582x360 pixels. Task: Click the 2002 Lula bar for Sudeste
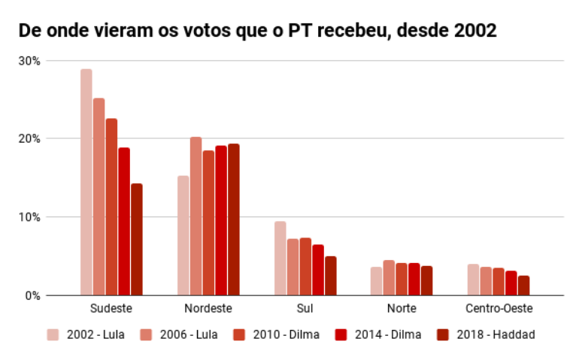[x=86, y=182]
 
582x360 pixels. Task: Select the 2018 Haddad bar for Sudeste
[x=136, y=239]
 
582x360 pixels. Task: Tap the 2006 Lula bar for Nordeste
[x=196, y=216]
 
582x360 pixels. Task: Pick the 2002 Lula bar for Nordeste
[x=183, y=235]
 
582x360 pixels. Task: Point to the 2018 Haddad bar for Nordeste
[x=233, y=219]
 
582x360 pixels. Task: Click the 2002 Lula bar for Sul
[x=280, y=258]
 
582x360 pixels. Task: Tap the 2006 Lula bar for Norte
[x=389, y=277]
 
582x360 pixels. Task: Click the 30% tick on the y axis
[x=31, y=61]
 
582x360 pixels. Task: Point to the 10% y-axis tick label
[x=31, y=217]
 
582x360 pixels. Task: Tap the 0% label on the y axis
[x=34, y=295]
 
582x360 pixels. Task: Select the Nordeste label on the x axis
[x=208, y=309]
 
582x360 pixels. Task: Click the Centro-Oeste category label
[x=499, y=309]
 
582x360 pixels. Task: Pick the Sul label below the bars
[x=305, y=309]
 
